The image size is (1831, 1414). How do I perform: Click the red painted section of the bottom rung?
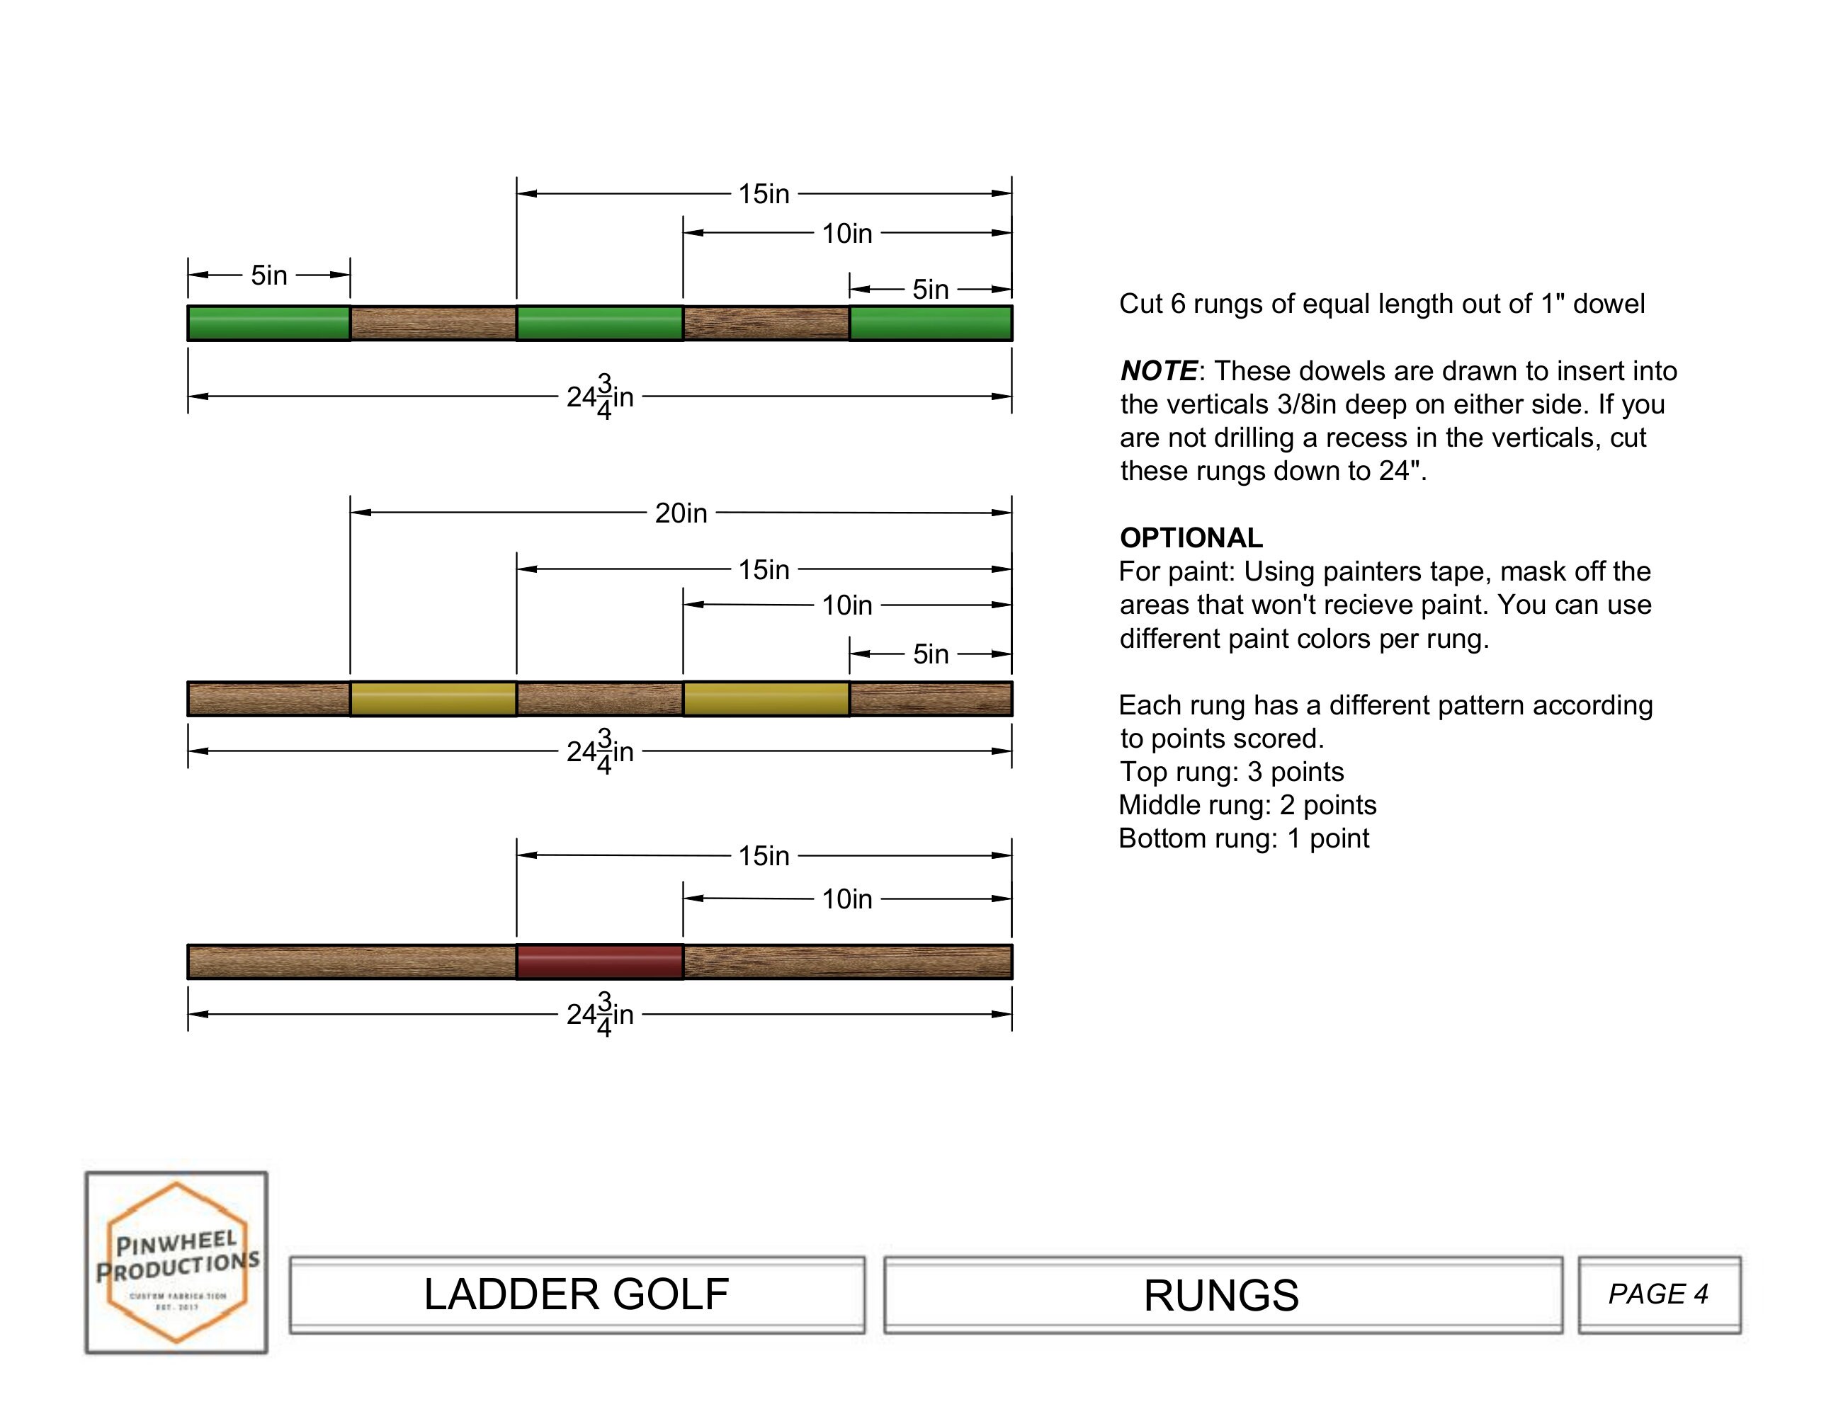pos(599,962)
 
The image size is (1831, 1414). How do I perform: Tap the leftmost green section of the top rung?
pos(268,323)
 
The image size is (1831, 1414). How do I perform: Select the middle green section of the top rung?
pos(599,323)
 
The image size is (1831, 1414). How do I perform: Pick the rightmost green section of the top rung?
pos(931,323)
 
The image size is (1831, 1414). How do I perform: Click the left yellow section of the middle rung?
pos(433,698)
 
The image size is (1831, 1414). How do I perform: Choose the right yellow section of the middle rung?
pos(766,698)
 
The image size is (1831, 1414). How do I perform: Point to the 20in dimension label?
pos(681,513)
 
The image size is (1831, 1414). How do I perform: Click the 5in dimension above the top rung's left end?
pos(268,275)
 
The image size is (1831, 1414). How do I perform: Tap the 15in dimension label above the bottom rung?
pos(763,856)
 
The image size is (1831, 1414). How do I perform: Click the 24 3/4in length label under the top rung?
pos(600,397)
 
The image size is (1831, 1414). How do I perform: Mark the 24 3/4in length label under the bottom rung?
pos(600,1014)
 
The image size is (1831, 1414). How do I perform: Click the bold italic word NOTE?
pos(1159,370)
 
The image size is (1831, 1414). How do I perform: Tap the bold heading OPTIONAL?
pos(1191,537)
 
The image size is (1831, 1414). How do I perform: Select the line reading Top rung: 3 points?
pos(1231,771)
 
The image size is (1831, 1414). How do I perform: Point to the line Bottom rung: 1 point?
pos(1243,838)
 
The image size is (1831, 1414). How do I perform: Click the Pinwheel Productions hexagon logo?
pos(177,1262)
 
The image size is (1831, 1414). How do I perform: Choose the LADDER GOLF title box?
pos(577,1294)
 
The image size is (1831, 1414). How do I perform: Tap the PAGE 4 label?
pos(1657,1294)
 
